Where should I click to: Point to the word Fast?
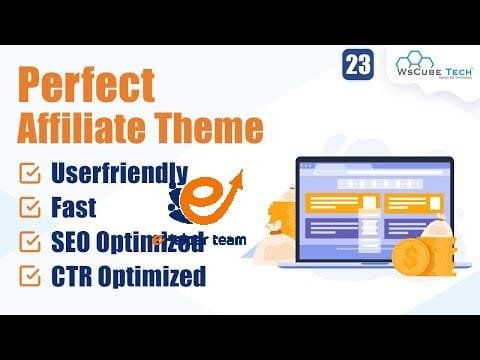(x=81, y=207)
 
